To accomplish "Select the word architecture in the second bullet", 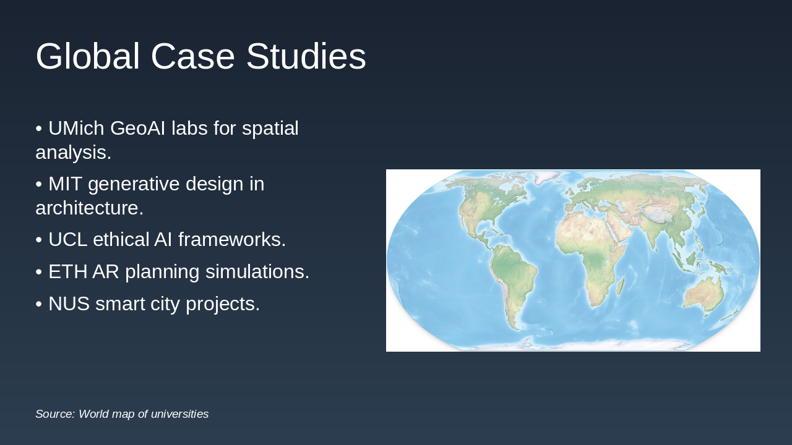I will (89, 208).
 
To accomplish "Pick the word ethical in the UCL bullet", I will (126, 240).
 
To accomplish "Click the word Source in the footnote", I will (54, 414).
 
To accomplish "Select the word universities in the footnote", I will (178, 414).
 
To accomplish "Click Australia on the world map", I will (704, 295).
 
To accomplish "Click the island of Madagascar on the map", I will (621, 286).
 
